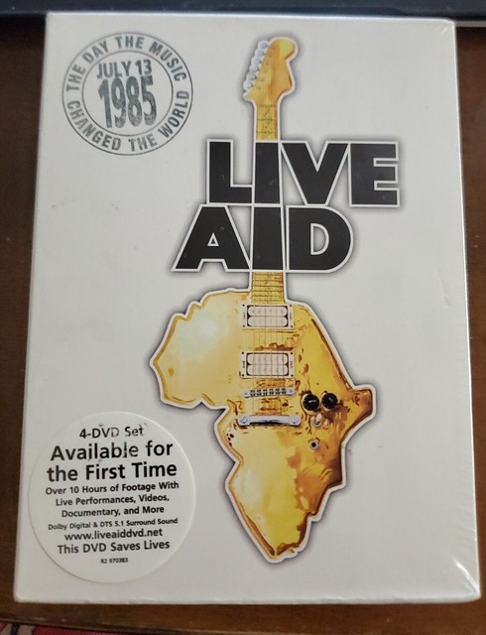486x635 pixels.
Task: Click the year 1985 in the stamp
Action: point(128,103)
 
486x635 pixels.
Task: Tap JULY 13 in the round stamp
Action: point(127,76)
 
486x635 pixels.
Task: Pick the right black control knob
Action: point(328,402)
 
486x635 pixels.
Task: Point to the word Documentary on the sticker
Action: point(92,502)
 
